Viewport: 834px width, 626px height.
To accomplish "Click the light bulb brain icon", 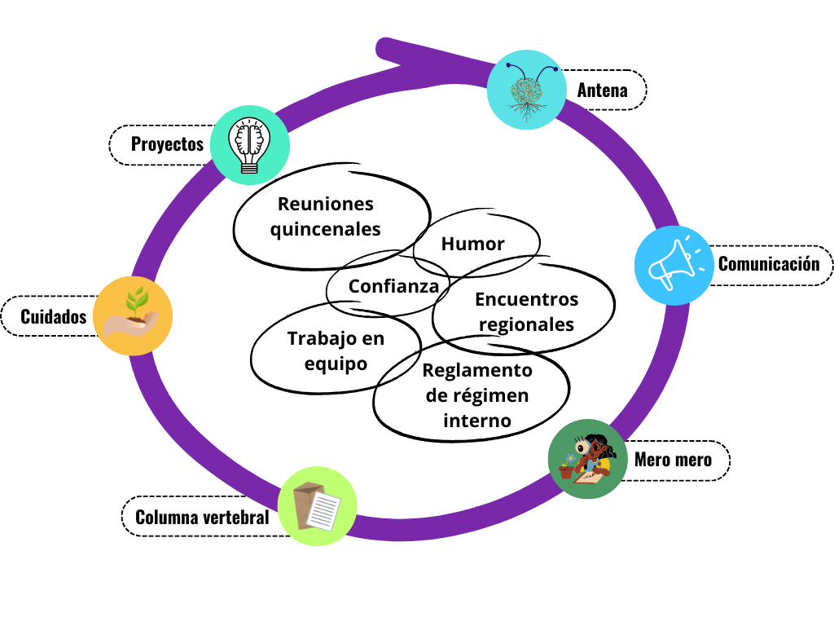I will [x=249, y=144].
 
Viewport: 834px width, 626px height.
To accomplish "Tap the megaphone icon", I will [x=674, y=265].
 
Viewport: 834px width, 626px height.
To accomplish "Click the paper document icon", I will [x=317, y=506].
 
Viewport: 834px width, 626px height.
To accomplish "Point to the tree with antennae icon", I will [x=526, y=90].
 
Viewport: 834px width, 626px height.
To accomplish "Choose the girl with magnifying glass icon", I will [x=587, y=459].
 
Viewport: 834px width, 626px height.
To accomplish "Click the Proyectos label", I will [x=167, y=145].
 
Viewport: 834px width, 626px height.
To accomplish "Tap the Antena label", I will [x=603, y=90].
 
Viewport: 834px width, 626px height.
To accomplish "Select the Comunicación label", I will [x=767, y=265].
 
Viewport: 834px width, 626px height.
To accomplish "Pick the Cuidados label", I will [x=54, y=317].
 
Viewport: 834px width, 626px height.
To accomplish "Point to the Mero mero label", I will [x=673, y=461].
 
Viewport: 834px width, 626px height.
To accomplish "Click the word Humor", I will [x=473, y=244].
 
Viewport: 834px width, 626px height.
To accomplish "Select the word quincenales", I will [x=325, y=230].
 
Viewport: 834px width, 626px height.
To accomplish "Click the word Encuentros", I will [x=526, y=299].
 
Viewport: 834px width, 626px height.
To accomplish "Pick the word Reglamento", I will [x=478, y=370].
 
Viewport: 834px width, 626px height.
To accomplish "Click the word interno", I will [x=477, y=421].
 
